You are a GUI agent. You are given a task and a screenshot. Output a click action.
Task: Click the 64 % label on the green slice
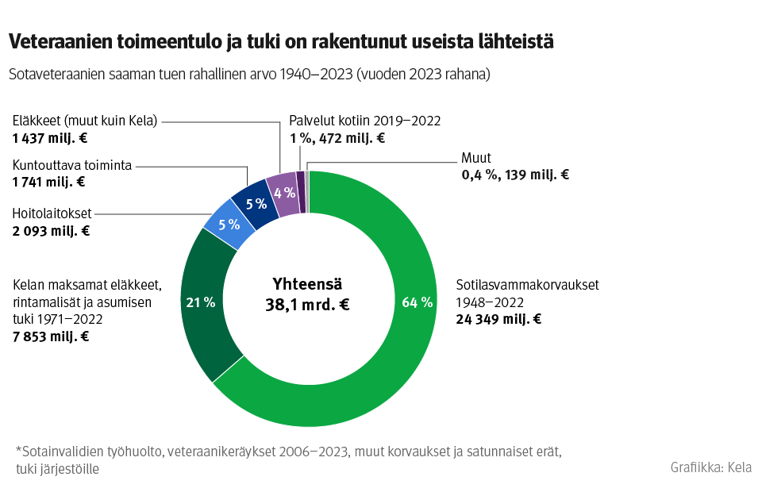418,302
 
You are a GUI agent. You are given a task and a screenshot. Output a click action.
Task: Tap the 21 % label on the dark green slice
200,302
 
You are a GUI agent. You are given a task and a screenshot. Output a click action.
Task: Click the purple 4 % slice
283,193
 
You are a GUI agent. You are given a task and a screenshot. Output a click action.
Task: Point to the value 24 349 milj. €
498,320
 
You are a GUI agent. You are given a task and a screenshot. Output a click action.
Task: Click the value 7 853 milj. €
50,336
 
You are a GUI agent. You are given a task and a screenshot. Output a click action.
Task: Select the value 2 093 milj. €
51,232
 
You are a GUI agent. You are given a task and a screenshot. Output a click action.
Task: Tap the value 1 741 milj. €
48,182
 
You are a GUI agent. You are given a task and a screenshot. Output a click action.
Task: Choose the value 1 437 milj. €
49,137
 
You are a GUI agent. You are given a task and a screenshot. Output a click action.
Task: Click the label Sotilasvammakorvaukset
527,285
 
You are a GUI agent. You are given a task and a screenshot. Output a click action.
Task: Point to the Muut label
476,158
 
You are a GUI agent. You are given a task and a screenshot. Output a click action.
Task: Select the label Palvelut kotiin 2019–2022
364,121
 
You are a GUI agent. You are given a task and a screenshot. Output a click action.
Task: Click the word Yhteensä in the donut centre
307,283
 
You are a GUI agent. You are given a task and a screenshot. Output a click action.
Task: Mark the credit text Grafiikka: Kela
710,467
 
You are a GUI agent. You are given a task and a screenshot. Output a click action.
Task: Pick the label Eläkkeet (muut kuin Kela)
85,121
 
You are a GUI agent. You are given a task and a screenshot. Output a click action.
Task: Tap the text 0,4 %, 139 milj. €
514,175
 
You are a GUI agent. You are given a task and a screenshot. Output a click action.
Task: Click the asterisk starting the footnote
18,451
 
